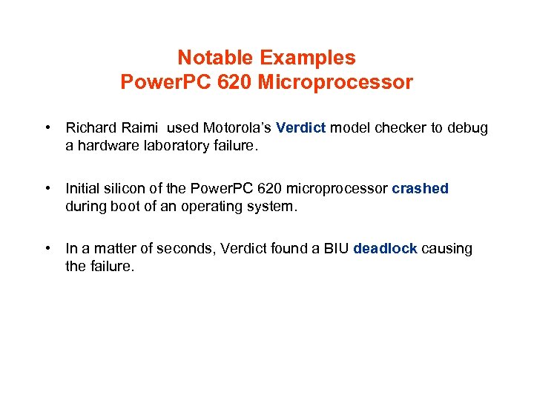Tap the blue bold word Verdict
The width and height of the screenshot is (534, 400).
click(x=301, y=128)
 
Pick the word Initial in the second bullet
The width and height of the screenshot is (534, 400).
click(x=83, y=189)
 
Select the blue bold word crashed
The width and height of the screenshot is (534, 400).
click(x=421, y=189)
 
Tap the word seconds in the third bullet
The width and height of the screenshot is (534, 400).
click(x=182, y=249)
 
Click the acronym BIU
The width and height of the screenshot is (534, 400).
click(x=335, y=249)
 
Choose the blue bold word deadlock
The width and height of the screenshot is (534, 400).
click(x=386, y=249)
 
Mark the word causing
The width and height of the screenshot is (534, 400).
click(x=447, y=249)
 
